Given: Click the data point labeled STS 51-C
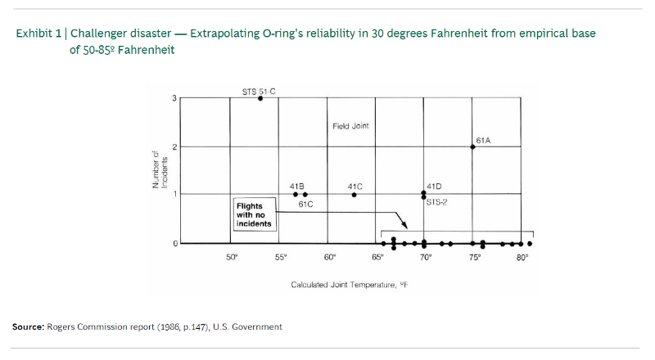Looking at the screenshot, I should coord(260,98).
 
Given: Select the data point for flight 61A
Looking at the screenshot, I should coord(472,147).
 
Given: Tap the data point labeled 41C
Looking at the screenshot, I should coord(354,195).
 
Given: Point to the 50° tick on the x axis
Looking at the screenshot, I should coord(232,258).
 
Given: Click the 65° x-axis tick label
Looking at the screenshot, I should coord(377,258).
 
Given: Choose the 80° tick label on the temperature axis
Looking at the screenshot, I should coord(522,258).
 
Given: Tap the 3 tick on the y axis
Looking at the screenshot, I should coord(173,98).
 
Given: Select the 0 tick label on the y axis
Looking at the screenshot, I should coord(173,244).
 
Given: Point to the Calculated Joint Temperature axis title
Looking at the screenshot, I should coord(350,285).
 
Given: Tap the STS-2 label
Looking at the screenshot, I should coord(436,201).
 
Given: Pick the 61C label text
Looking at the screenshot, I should coord(305,204).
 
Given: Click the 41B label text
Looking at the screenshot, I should coord(297,187).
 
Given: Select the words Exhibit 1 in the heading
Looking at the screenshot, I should coord(40,34).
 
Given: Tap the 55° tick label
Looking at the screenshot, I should coord(281,258).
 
